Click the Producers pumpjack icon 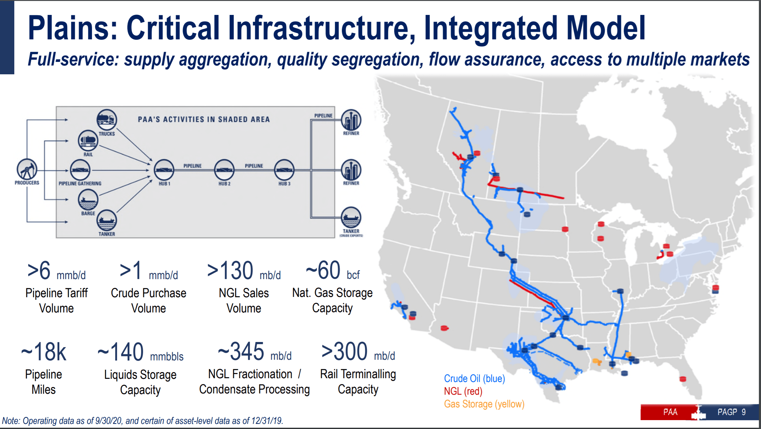point(27,169)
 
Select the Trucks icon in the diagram point(107,119)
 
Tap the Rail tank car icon point(88,140)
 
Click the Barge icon point(88,199)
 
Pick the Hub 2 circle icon point(224,170)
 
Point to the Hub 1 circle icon point(164,170)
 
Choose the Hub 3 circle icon point(284,170)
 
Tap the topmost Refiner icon point(351,120)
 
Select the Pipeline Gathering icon point(80,170)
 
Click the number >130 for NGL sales point(230,271)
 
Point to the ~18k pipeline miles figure point(44,352)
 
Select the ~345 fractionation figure point(241,352)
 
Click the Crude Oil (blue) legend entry point(474,379)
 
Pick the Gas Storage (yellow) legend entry point(484,404)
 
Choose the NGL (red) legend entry point(463,391)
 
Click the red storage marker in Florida point(683,379)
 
